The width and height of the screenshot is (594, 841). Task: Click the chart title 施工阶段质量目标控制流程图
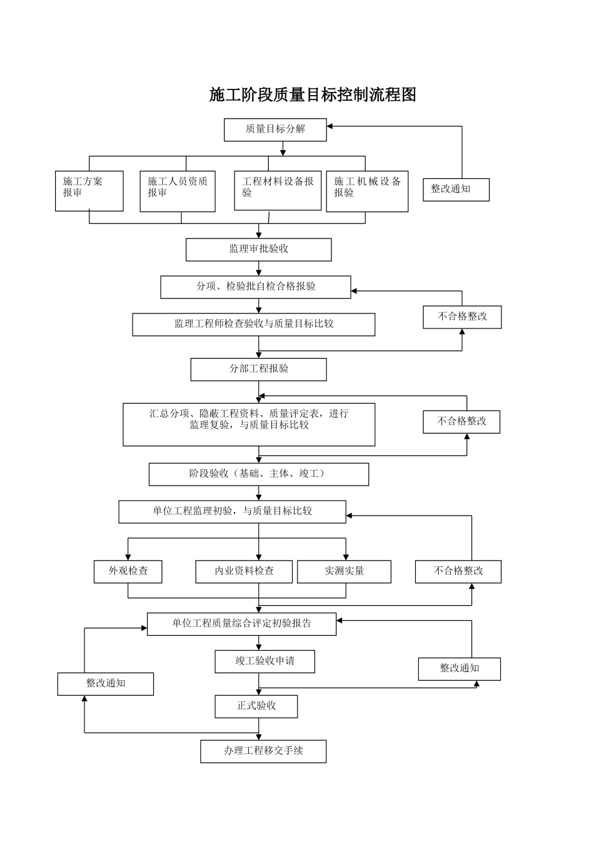[x=313, y=95]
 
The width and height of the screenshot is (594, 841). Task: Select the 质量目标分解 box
[x=275, y=130]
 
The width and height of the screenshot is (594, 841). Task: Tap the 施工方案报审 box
[x=89, y=191]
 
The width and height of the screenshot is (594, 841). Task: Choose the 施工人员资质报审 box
[x=178, y=191]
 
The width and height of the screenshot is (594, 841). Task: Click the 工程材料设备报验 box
[x=278, y=190]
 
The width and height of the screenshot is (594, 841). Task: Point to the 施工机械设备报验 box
[x=367, y=191]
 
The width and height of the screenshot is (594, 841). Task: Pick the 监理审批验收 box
[x=258, y=249]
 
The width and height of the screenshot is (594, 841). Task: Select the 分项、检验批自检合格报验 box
[x=256, y=287]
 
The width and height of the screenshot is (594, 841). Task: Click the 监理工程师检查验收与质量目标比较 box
[x=253, y=324]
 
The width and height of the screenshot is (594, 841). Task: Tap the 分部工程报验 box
[x=258, y=369]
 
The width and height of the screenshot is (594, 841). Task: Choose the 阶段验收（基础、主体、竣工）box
[x=258, y=474]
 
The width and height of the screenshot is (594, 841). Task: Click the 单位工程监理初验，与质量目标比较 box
[x=232, y=511]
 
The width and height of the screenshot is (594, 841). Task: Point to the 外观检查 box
[x=128, y=571]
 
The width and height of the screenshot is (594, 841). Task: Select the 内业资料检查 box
[x=244, y=571]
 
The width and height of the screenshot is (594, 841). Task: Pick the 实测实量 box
[x=344, y=571]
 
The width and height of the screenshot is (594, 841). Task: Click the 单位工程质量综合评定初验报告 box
[x=241, y=624]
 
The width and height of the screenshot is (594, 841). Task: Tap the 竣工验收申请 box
[x=264, y=661]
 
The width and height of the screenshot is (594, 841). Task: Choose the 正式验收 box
[x=256, y=706]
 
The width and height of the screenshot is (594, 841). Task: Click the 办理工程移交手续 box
[x=263, y=751]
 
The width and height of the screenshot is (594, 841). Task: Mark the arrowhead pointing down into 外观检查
[x=128, y=557]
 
